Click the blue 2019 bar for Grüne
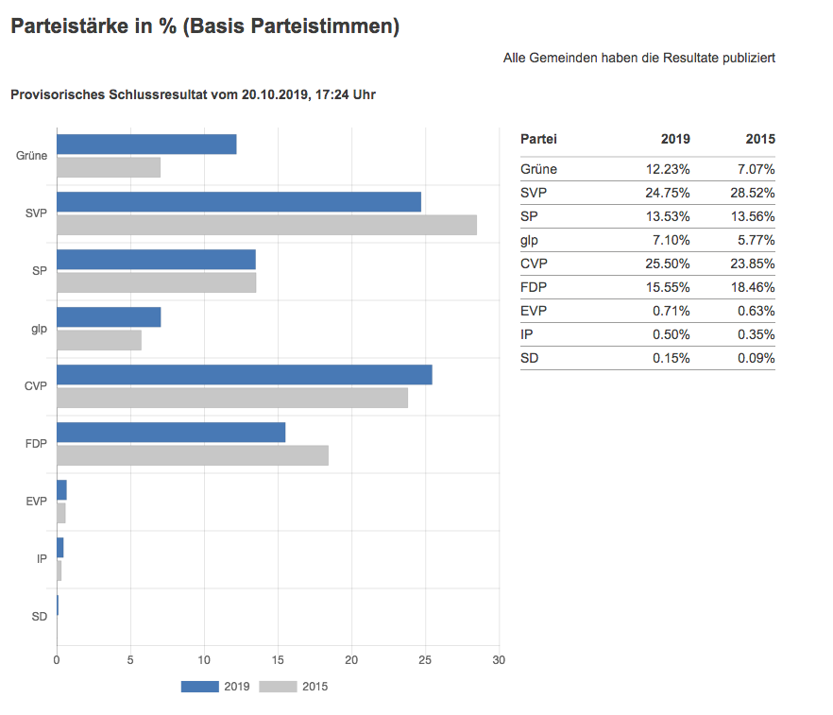coord(146,145)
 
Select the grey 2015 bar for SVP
coord(266,225)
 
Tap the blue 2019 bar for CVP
coord(245,374)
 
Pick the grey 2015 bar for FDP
coord(193,455)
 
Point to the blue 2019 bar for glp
coord(109,316)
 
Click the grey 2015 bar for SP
coord(156,282)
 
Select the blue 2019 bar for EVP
coord(61,489)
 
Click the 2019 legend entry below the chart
coord(215,687)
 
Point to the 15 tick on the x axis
coord(278,659)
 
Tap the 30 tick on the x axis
coord(500,659)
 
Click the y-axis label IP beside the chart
coord(42,559)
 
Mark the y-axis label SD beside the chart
coord(40,617)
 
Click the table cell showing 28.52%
coord(756,193)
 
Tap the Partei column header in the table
coord(538,139)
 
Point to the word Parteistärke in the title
coord(67,27)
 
